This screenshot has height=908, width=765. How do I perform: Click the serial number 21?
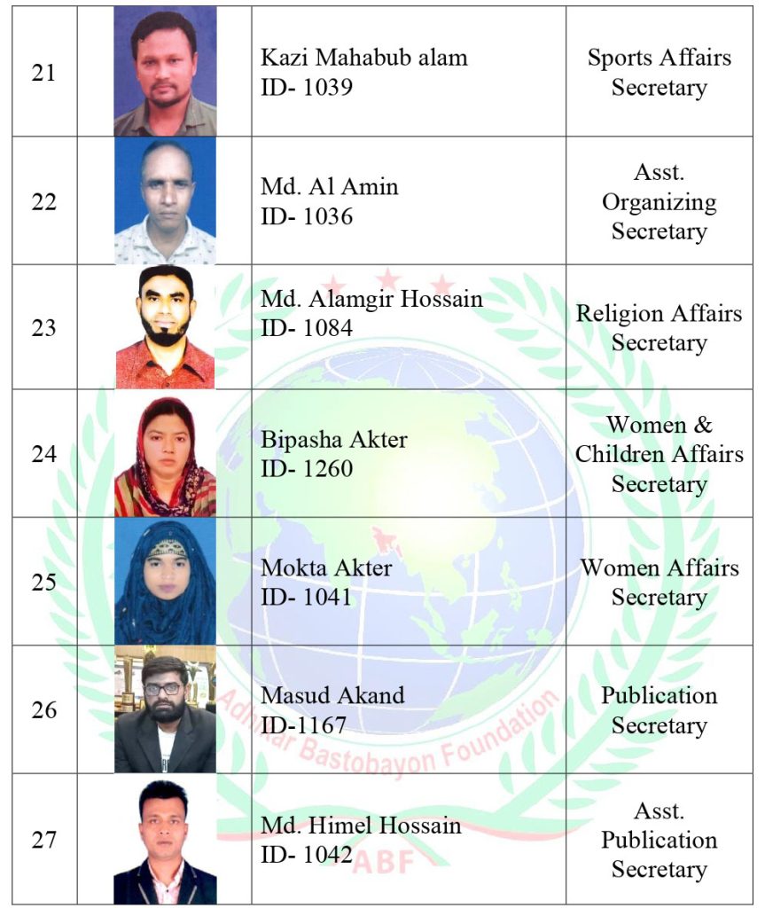coord(43,74)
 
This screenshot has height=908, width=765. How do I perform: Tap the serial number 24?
coord(43,455)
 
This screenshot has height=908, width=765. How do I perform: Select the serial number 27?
coord(43,840)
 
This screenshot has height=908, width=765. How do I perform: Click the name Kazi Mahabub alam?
coord(363,59)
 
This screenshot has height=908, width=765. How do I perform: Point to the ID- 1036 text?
coord(307,216)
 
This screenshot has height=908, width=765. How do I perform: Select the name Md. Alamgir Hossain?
coord(371,299)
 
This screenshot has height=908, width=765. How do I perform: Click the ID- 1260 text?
coord(307,468)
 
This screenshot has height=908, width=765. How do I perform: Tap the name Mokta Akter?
coord(326,567)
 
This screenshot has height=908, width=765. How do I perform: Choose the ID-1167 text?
coord(303,726)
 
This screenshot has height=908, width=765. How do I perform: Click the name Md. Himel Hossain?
coord(361,826)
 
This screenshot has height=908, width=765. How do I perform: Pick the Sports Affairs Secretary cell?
coord(659,73)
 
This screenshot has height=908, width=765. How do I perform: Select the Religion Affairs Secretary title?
coord(659,327)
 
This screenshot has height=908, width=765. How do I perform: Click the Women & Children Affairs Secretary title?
coord(659,454)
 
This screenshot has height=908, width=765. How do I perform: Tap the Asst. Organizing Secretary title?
coord(659,201)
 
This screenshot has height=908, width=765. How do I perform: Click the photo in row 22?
coord(165,201)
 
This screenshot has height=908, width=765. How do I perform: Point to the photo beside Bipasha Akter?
coord(165,456)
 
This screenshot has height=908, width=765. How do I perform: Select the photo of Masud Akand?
coord(165,709)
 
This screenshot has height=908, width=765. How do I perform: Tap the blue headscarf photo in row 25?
coord(165,582)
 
